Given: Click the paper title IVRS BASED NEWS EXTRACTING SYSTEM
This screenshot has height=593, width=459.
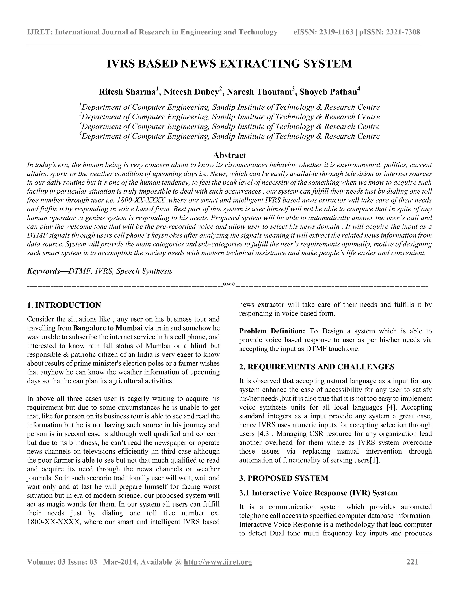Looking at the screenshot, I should pos(229,64).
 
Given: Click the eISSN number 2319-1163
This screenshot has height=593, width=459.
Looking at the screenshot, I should pos(336,32).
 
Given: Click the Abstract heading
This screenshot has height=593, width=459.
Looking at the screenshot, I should pos(229,155).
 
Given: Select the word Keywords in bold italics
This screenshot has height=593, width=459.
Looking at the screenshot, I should pos(43,271).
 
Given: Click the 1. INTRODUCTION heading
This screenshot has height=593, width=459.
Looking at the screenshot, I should pos(64,305).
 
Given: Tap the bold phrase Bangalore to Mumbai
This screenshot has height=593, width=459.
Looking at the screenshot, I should pos(108,328).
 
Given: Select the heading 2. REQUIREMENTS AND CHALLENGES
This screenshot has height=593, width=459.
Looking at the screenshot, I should pos(317,367).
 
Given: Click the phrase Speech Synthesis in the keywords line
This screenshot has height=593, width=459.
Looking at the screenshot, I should pos(144,271).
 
